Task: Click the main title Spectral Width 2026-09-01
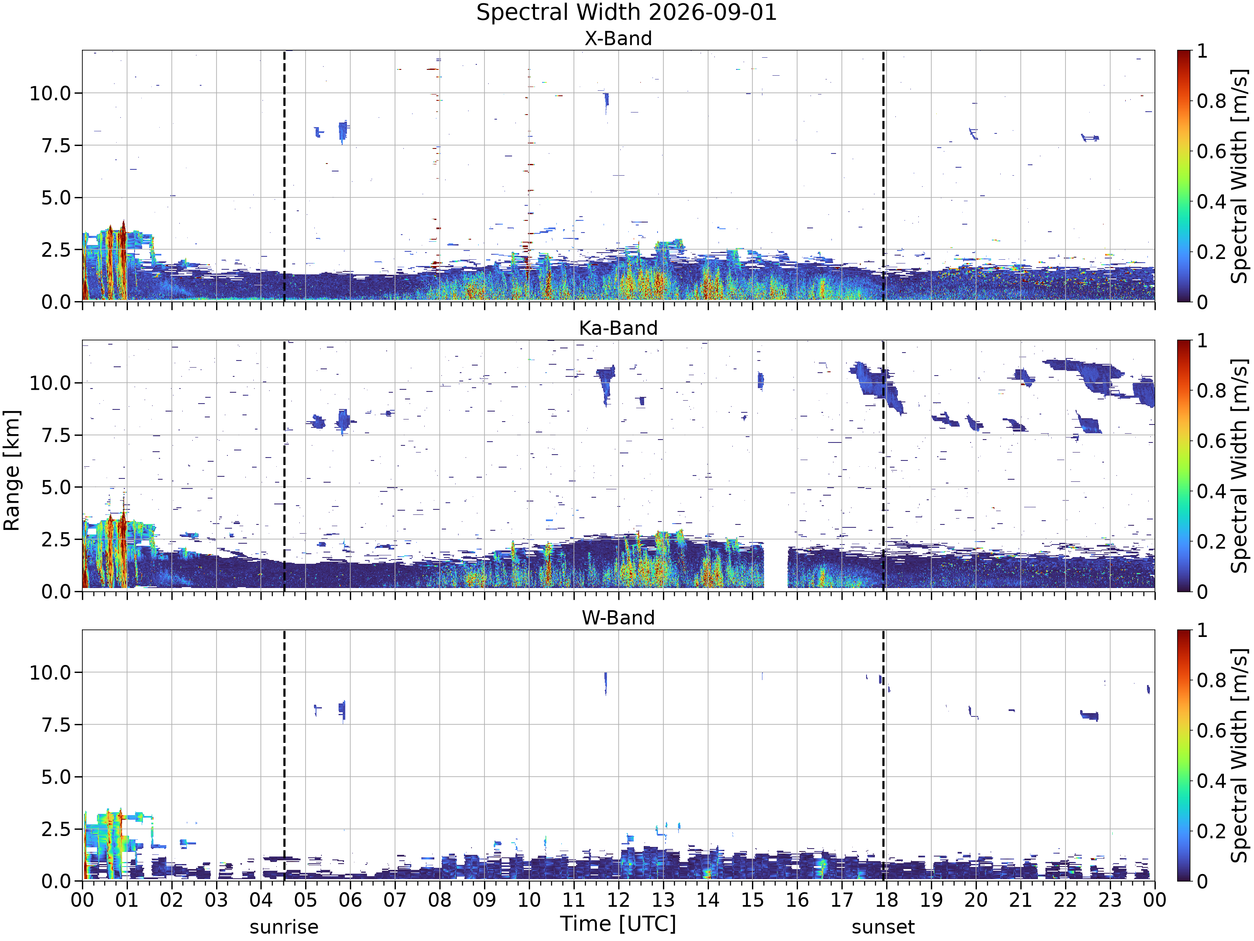pyautogui.click(x=627, y=13)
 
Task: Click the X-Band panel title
pyautogui.click(x=619, y=38)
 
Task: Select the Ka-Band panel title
pyautogui.click(x=619, y=328)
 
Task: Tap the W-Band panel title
pyautogui.click(x=619, y=618)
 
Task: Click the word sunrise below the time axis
pyautogui.click(x=284, y=927)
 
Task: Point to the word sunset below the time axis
pyautogui.click(x=883, y=927)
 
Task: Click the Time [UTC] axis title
pyautogui.click(x=619, y=924)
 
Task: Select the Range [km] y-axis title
pyautogui.click(x=11, y=470)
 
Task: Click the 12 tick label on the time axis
pyautogui.click(x=619, y=900)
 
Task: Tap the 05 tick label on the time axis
pyautogui.click(x=306, y=900)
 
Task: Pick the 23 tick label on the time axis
pyautogui.click(x=1110, y=900)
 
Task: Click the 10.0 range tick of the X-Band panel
pyautogui.click(x=51, y=93)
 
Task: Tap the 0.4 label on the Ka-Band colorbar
pyautogui.click(x=1211, y=491)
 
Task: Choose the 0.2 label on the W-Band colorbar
pyautogui.click(x=1211, y=831)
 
